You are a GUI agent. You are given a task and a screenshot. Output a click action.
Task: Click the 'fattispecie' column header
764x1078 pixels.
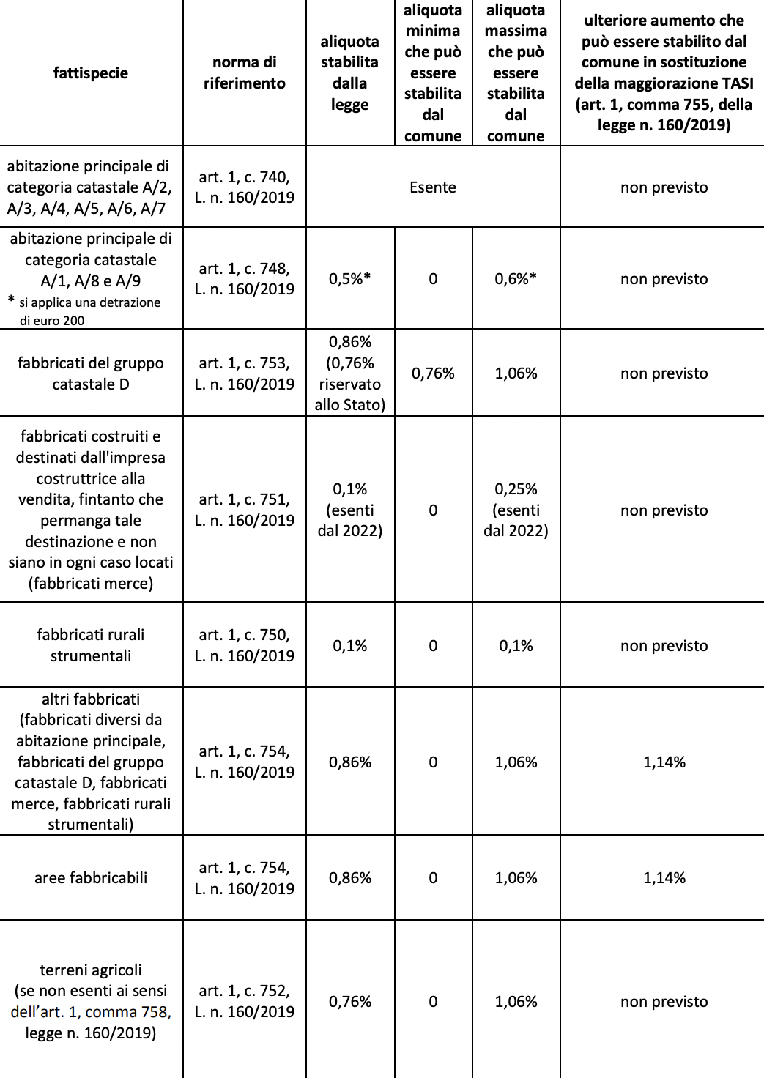click(x=91, y=73)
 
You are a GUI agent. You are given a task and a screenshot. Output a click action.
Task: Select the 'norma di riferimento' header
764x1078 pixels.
click(x=244, y=73)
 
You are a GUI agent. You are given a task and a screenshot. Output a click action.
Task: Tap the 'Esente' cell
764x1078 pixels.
click(x=433, y=187)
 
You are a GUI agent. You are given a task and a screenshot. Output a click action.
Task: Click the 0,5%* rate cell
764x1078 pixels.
click(x=349, y=279)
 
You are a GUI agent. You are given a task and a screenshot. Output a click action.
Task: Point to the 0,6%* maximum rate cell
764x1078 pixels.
click(x=516, y=279)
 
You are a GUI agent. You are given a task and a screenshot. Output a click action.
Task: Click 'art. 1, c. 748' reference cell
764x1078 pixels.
click(x=244, y=279)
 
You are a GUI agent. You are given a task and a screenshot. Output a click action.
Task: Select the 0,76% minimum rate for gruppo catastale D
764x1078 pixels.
click(x=433, y=373)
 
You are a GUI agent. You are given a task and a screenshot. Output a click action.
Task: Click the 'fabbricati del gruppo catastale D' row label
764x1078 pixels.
click(x=91, y=373)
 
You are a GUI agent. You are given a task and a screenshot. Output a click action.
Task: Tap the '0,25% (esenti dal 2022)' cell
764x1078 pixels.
click(x=516, y=510)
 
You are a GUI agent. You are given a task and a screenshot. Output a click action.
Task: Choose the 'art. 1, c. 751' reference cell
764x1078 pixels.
click(x=244, y=510)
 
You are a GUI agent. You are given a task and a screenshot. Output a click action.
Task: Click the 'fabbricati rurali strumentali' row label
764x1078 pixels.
click(x=91, y=645)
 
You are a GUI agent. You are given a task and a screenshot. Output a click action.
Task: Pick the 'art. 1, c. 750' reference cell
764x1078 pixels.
click(x=244, y=645)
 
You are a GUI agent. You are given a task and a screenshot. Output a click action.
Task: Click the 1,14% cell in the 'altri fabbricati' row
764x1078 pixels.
click(x=664, y=762)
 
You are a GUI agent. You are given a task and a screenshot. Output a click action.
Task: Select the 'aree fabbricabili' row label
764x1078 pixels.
click(x=91, y=878)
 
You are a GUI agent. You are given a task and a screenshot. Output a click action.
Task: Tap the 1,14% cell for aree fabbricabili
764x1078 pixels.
click(x=664, y=878)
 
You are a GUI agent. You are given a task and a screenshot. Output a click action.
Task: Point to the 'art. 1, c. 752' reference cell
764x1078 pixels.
click(x=244, y=1001)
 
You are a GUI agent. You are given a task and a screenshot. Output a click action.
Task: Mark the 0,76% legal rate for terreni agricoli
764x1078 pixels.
click(x=349, y=1001)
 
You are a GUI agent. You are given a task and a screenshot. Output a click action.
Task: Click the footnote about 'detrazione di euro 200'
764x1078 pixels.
click(x=86, y=311)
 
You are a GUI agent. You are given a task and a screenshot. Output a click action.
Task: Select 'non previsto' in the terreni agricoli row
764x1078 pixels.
click(x=664, y=1001)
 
